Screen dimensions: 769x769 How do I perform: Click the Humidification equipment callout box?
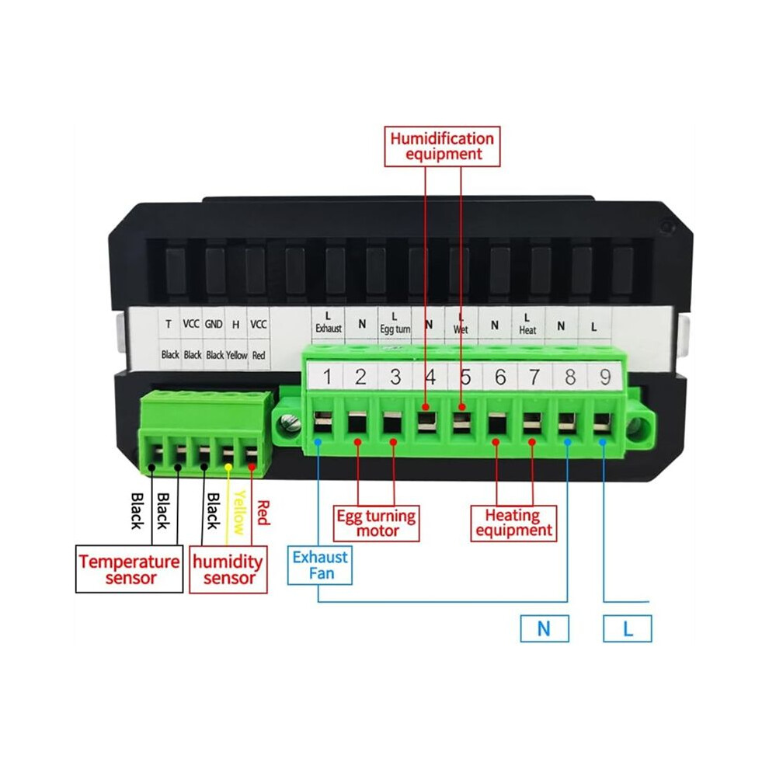pos(442,146)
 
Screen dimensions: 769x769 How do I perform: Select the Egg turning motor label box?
pos(376,524)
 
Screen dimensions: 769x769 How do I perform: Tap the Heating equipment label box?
pos(513,524)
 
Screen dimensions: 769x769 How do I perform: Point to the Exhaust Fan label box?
pos(320,565)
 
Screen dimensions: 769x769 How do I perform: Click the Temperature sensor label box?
pos(130,569)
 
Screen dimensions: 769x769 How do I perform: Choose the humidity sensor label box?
pos(228,569)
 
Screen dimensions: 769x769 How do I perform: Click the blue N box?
pos(545,628)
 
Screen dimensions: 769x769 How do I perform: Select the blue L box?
pos(628,628)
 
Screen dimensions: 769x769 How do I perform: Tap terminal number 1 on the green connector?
pos(327,377)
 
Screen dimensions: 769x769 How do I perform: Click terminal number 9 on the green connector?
pos(605,377)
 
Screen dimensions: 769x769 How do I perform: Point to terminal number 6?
pos(500,377)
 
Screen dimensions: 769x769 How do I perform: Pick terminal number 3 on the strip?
pos(395,377)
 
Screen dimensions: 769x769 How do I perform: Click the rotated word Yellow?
pos(238,512)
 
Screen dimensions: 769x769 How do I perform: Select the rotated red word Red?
pos(263,513)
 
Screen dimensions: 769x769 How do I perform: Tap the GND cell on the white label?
pos(214,324)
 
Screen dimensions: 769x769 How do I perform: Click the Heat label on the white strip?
pos(527,331)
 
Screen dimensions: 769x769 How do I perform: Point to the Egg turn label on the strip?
pos(395,329)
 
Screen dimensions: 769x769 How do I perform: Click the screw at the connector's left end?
pos(290,423)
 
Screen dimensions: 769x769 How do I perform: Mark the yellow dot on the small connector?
pos(228,468)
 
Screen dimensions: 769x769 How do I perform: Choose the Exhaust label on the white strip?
pos(328,328)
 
